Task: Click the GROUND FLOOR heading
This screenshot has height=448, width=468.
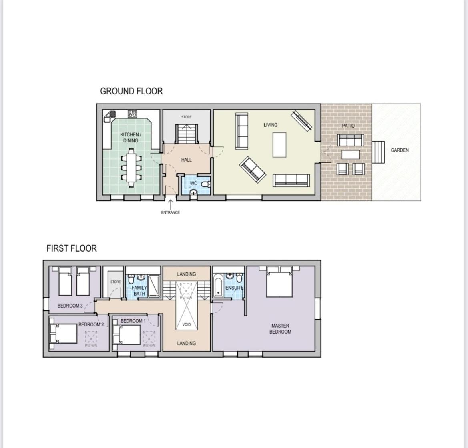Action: (131, 91)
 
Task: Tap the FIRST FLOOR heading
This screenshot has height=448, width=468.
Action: (72, 248)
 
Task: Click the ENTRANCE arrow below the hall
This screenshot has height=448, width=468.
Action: (171, 204)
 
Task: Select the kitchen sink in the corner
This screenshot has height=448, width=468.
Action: (110, 116)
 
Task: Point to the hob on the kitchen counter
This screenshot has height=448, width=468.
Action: (132, 114)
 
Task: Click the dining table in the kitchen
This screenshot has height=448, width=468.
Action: (131, 167)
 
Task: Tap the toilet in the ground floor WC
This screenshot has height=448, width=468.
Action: (206, 184)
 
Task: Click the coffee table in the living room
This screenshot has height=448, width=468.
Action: (279, 145)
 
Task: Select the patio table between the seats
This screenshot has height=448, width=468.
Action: (350, 154)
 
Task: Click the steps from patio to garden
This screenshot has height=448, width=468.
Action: (378, 152)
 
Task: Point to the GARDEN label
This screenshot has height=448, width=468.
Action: (400, 150)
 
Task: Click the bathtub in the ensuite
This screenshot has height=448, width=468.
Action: (218, 286)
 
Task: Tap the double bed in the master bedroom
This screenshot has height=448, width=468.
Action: (279, 282)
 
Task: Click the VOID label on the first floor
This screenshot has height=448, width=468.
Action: (186, 324)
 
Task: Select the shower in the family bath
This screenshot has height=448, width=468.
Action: (154, 286)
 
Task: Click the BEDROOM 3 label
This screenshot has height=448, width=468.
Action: (70, 306)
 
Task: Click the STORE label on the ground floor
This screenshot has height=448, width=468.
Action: (187, 117)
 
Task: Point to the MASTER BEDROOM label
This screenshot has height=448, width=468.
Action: (280, 329)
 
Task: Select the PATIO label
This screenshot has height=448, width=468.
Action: (348, 126)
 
